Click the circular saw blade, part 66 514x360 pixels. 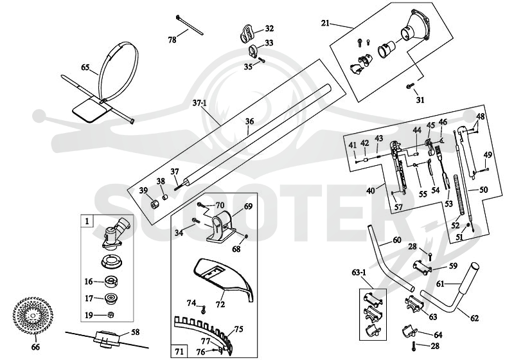tap(33, 316)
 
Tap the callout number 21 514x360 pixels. tap(325, 23)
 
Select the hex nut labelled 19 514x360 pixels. tap(111, 315)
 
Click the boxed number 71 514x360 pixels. tap(179, 352)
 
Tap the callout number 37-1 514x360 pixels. tap(199, 104)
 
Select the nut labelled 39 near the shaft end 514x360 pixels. tap(154, 204)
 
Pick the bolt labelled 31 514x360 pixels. tap(410, 86)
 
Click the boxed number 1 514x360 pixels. tap(87, 221)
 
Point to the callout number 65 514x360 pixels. tap(85, 67)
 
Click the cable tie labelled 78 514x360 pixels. tap(190, 24)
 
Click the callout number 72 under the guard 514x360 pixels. tap(220, 305)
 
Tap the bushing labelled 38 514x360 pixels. tap(166, 197)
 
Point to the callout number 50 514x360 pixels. tap(484, 190)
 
